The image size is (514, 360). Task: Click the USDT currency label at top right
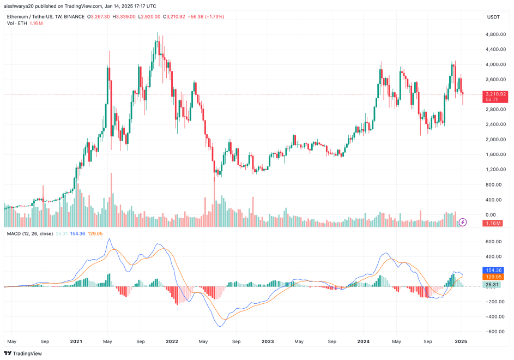pyautogui.click(x=493, y=17)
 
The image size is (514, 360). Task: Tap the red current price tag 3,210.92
pyautogui.click(x=496, y=94)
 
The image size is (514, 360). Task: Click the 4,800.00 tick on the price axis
pyautogui.click(x=495, y=34)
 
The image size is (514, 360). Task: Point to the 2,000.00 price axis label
pyautogui.click(x=495, y=139)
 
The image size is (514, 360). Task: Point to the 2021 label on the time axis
pyautogui.click(x=76, y=342)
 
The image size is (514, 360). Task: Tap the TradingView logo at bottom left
pyautogui.click(x=26, y=353)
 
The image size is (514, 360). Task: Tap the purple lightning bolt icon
pyautogui.click(x=463, y=222)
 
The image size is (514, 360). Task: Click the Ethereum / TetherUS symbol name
pyautogui.click(x=38, y=17)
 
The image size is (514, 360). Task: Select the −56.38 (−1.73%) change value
pyautogui.click(x=207, y=17)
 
